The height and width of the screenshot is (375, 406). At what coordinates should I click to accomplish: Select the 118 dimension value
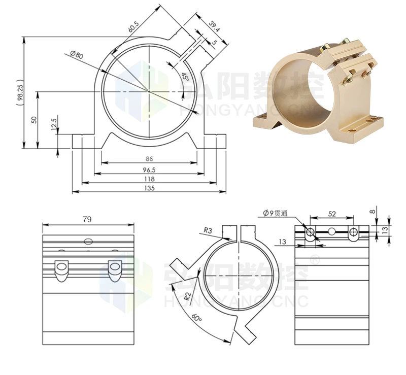click(149, 179)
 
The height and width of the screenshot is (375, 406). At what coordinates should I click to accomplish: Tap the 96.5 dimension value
click(149, 169)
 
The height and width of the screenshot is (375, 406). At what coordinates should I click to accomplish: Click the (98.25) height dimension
click(19, 92)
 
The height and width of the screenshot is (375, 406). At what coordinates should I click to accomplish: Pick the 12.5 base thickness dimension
click(54, 124)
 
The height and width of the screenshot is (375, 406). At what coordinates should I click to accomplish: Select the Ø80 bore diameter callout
click(77, 55)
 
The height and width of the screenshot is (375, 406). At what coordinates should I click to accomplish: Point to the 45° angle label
click(185, 77)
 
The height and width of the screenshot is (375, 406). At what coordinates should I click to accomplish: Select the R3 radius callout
click(208, 230)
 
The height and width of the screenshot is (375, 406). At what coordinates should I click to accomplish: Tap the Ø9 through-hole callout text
click(275, 214)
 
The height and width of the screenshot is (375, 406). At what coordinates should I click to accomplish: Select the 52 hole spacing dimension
click(331, 214)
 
